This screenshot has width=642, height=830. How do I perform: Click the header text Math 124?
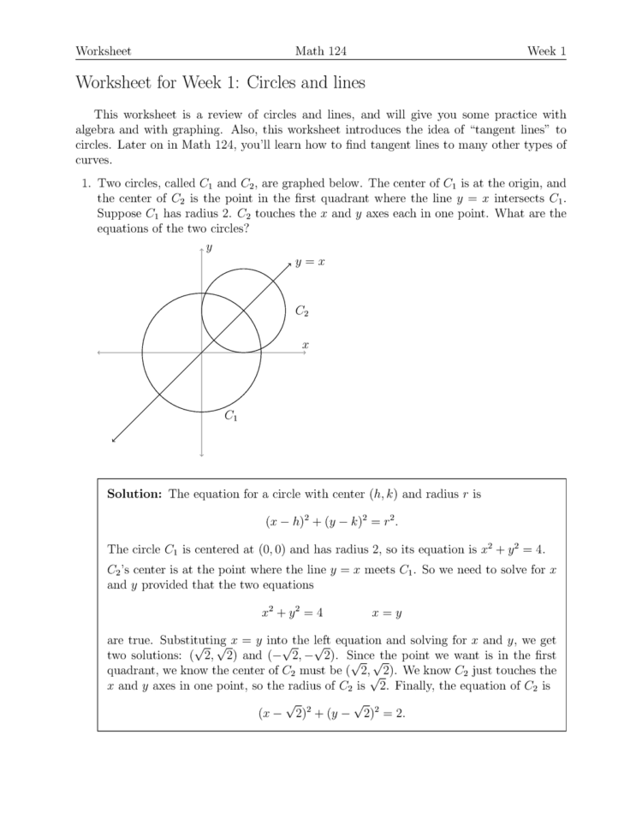pyautogui.click(x=320, y=51)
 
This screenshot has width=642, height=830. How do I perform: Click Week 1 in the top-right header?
pyautogui.click(x=546, y=51)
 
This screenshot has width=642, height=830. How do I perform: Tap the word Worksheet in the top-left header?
pyautogui.click(x=103, y=51)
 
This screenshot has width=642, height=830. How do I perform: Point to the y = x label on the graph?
pyautogui.click(x=310, y=263)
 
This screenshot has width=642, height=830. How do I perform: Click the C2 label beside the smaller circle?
pyautogui.click(x=302, y=311)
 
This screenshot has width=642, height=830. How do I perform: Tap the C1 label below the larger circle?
pyautogui.click(x=230, y=417)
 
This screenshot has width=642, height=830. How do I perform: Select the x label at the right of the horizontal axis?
pyautogui.click(x=305, y=345)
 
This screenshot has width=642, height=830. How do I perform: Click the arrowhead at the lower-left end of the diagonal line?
pyautogui.click(x=115, y=440)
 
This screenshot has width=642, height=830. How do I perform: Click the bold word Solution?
pyautogui.click(x=134, y=494)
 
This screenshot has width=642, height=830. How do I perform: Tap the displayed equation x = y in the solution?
pyautogui.click(x=387, y=613)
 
